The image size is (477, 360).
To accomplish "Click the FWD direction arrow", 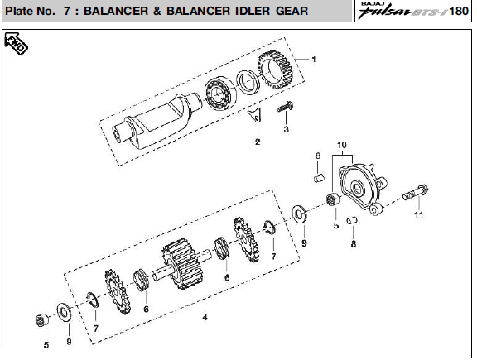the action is click(16, 44).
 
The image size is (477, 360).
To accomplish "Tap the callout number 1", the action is click(314, 60).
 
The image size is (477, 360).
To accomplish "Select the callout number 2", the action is click(258, 142).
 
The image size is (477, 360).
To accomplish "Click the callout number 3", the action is click(287, 129).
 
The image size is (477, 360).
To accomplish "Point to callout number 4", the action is click(205, 318).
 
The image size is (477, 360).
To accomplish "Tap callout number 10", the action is click(342, 145).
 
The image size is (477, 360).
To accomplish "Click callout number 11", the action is click(418, 214).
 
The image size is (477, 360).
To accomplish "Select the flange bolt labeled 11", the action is click(416, 192).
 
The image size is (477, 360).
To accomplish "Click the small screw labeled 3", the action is click(286, 107).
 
